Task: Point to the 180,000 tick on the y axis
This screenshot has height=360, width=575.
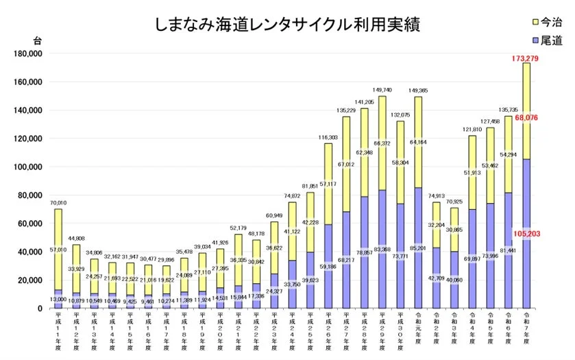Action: pyautogui.click(x=29, y=53)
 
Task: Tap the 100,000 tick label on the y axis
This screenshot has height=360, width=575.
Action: pyautogui.click(x=29, y=167)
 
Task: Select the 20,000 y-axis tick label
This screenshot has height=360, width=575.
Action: pyautogui.click(x=31, y=280)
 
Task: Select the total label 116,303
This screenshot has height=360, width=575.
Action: pyautogui.click(x=328, y=137)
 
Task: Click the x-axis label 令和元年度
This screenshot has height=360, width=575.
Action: pyautogui.click(x=417, y=331)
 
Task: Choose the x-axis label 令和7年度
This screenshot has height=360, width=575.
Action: pyautogui.click(x=525, y=331)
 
